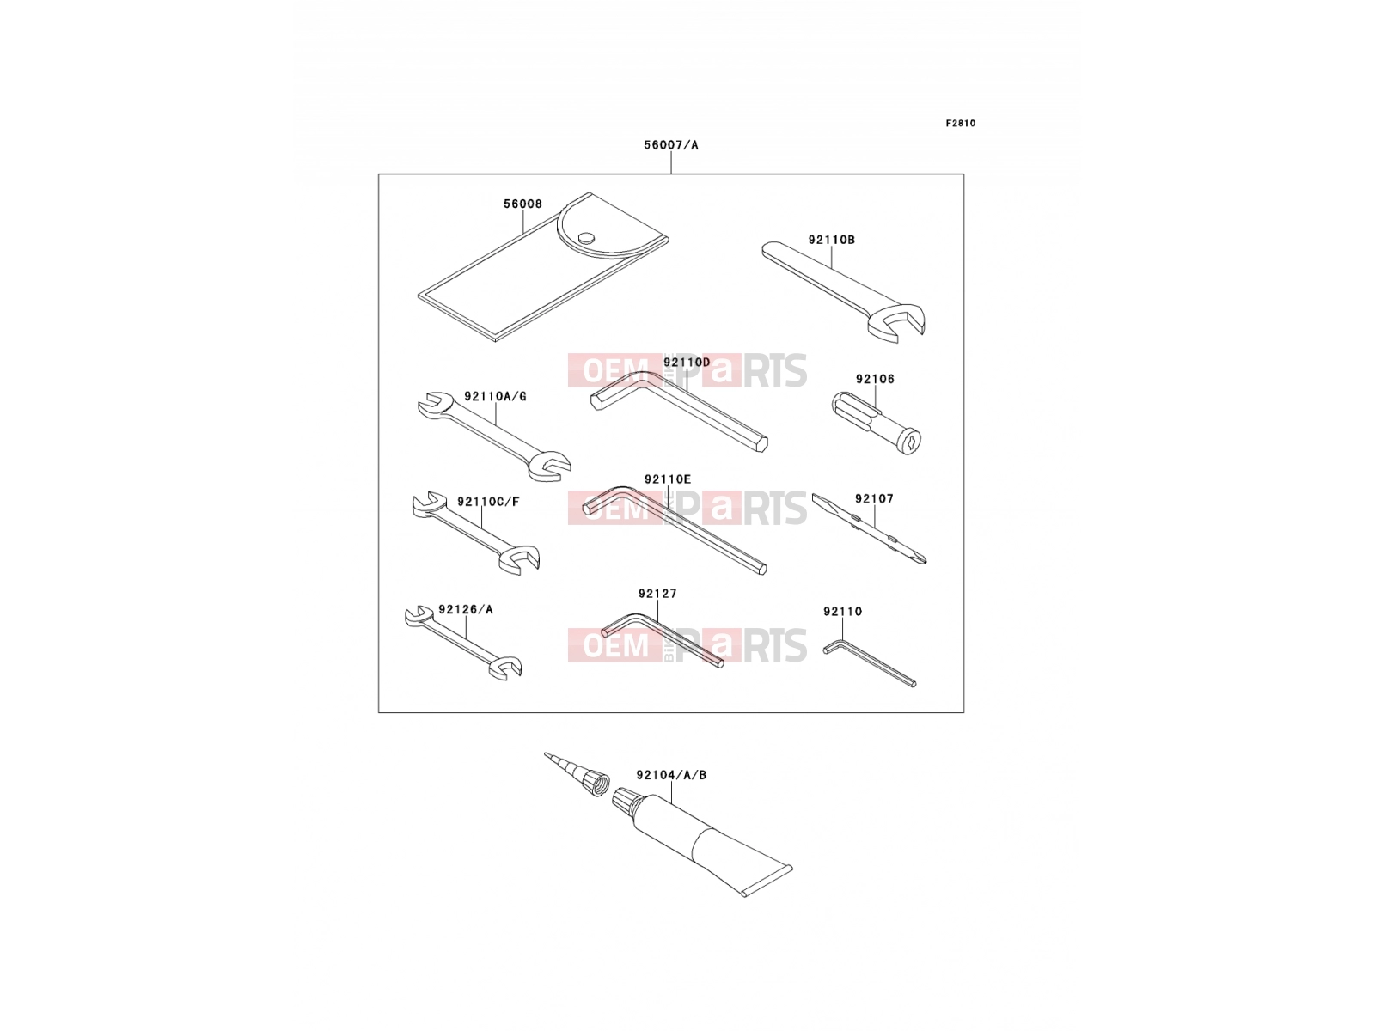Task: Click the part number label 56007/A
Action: (670, 145)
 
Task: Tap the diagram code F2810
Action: (960, 124)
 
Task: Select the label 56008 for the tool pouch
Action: (522, 204)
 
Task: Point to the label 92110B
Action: (831, 240)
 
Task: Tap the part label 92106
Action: (875, 380)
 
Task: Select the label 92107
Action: (874, 499)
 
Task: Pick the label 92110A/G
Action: (495, 396)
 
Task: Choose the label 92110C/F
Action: (488, 502)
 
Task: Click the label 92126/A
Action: (466, 610)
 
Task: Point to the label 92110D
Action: (687, 363)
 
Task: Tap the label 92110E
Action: (667, 479)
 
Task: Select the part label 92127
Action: (657, 594)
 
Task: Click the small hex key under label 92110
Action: (870, 662)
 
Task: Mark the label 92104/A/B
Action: (671, 775)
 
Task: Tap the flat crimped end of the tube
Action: (767, 882)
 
